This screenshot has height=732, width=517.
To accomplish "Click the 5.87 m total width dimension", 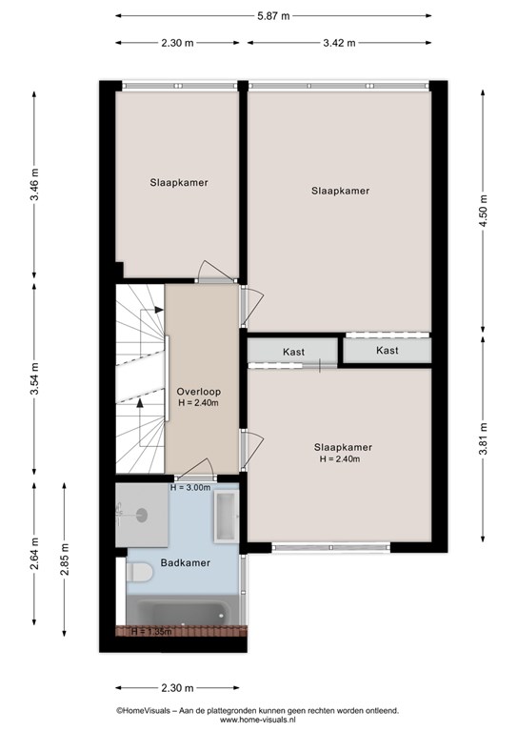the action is (x=273, y=16).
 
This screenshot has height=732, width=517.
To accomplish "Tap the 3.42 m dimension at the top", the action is (x=339, y=43).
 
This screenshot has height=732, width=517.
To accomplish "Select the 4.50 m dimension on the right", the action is (x=483, y=211).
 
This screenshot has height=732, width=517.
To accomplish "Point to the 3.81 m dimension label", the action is (x=483, y=438).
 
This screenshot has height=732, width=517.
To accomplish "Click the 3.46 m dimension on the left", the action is (x=34, y=184).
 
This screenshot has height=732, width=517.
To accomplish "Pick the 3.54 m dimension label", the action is (x=34, y=378).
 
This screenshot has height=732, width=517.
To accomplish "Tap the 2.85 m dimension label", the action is (x=65, y=559).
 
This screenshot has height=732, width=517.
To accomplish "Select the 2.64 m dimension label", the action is (x=34, y=554).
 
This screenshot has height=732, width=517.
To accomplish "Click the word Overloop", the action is (x=199, y=392).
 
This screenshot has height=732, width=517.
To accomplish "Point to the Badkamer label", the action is (x=185, y=563).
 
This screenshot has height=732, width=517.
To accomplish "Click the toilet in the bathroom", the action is (x=139, y=572).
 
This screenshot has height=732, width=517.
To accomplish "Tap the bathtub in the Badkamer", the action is (x=178, y=613).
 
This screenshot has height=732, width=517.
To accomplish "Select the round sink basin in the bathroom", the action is (x=142, y=515).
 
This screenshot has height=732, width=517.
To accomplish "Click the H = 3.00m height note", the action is (x=190, y=488).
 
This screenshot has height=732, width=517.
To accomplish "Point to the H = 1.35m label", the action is (x=151, y=632).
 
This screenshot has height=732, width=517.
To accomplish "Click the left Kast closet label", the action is (x=293, y=352).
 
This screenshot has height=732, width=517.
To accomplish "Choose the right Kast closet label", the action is (x=388, y=350).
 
